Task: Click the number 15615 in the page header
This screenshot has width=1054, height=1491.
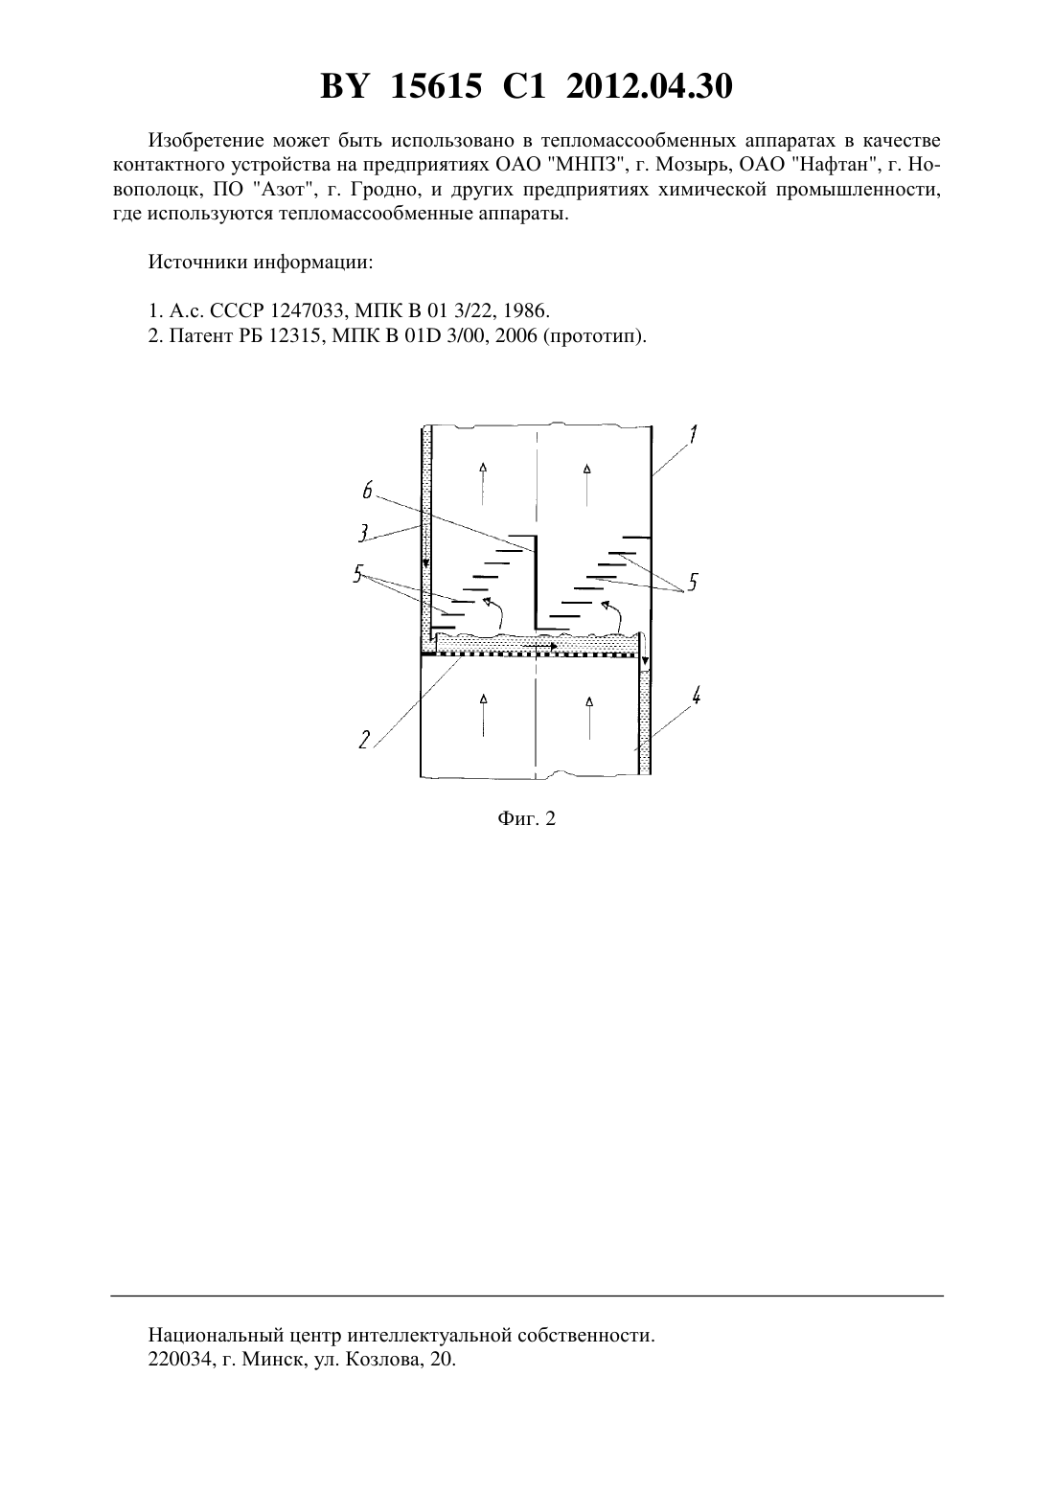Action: coord(435,86)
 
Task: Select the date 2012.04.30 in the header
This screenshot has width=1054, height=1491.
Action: coord(650,86)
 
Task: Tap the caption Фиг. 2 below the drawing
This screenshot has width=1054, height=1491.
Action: coord(526,818)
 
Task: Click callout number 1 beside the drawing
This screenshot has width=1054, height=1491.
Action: coord(693,435)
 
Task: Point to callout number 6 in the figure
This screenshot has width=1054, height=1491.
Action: coord(367,492)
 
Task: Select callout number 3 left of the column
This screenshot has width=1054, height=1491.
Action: coord(363,533)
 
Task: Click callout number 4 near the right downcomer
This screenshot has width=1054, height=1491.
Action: coord(696,697)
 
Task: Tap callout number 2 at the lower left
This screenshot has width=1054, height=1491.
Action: coord(364,740)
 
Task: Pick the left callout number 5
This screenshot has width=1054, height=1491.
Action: coord(358,574)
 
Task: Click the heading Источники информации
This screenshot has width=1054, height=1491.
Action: coord(261,263)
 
